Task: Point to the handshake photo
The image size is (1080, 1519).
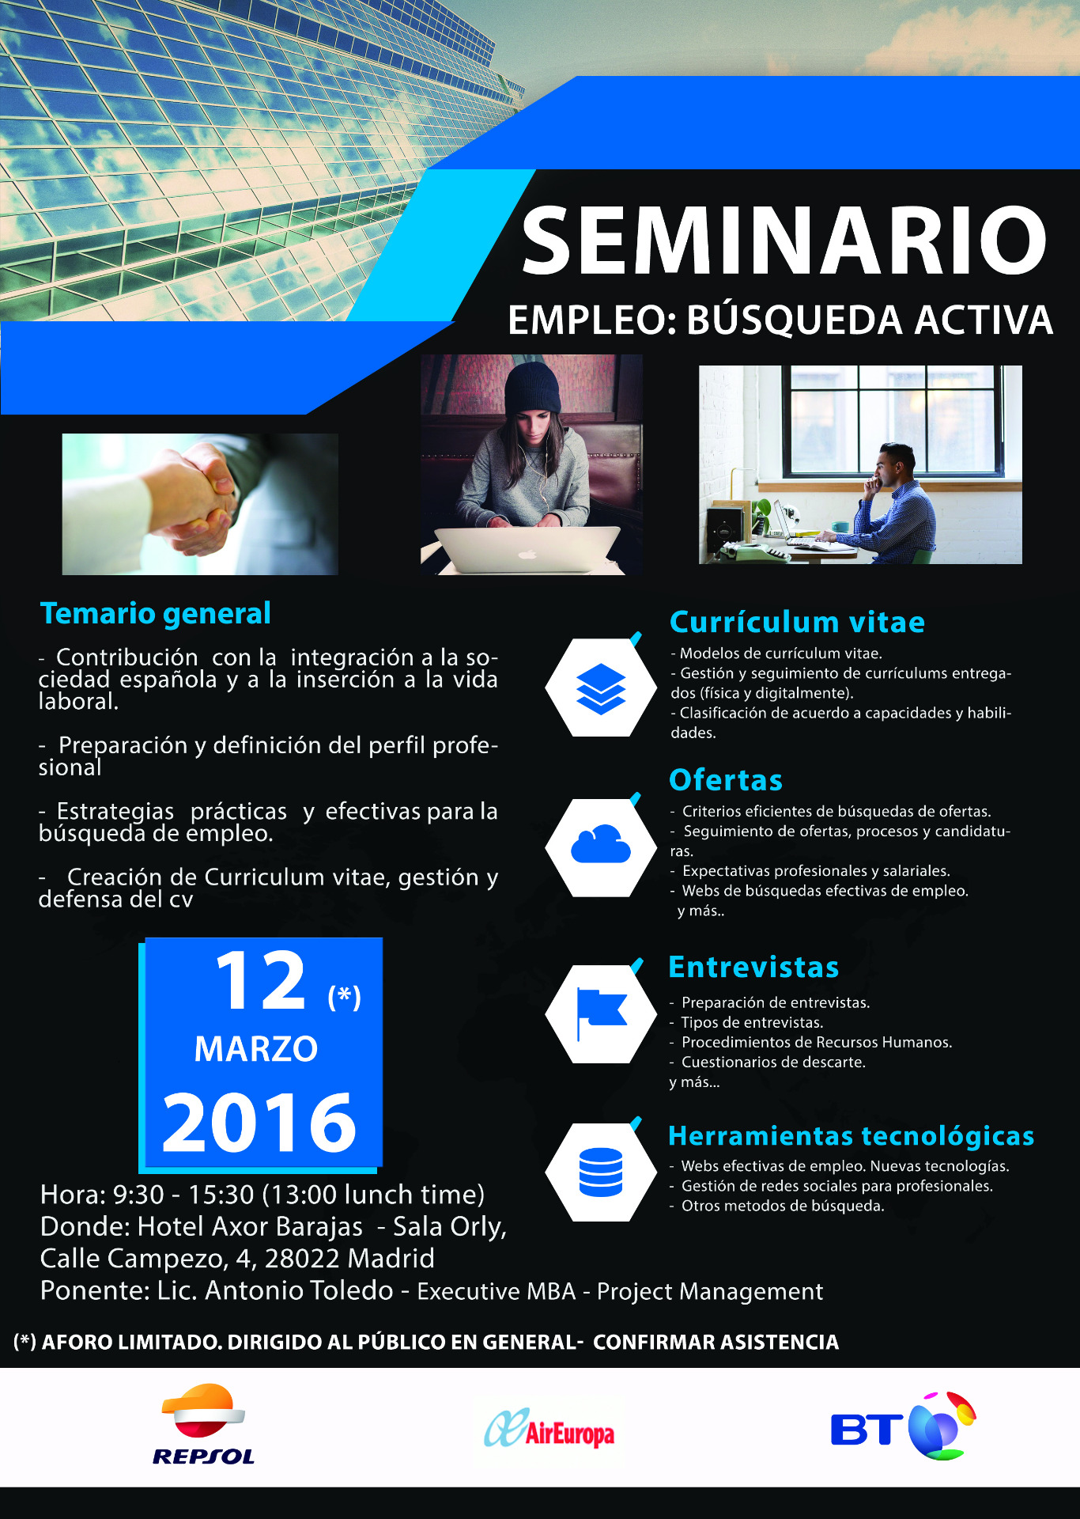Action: pos(200,504)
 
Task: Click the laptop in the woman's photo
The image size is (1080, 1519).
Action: pos(527,549)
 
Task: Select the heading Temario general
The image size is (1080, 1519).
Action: pos(156,613)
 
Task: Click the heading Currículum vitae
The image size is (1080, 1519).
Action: pos(797,622)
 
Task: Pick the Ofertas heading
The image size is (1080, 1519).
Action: pos(726,780)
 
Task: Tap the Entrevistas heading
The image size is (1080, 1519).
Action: pos(753,967)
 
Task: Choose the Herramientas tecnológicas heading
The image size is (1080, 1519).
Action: pos(852,1136)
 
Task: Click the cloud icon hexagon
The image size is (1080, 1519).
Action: pos(601,847)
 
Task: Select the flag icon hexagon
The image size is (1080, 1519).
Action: pos(601,1013)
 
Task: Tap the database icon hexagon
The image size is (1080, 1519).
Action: pos(601,1172)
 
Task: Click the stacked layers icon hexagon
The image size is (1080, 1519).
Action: pos(601,688)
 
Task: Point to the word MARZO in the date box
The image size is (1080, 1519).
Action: pos(256,1049)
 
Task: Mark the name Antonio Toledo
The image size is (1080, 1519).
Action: pos(299,1290)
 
